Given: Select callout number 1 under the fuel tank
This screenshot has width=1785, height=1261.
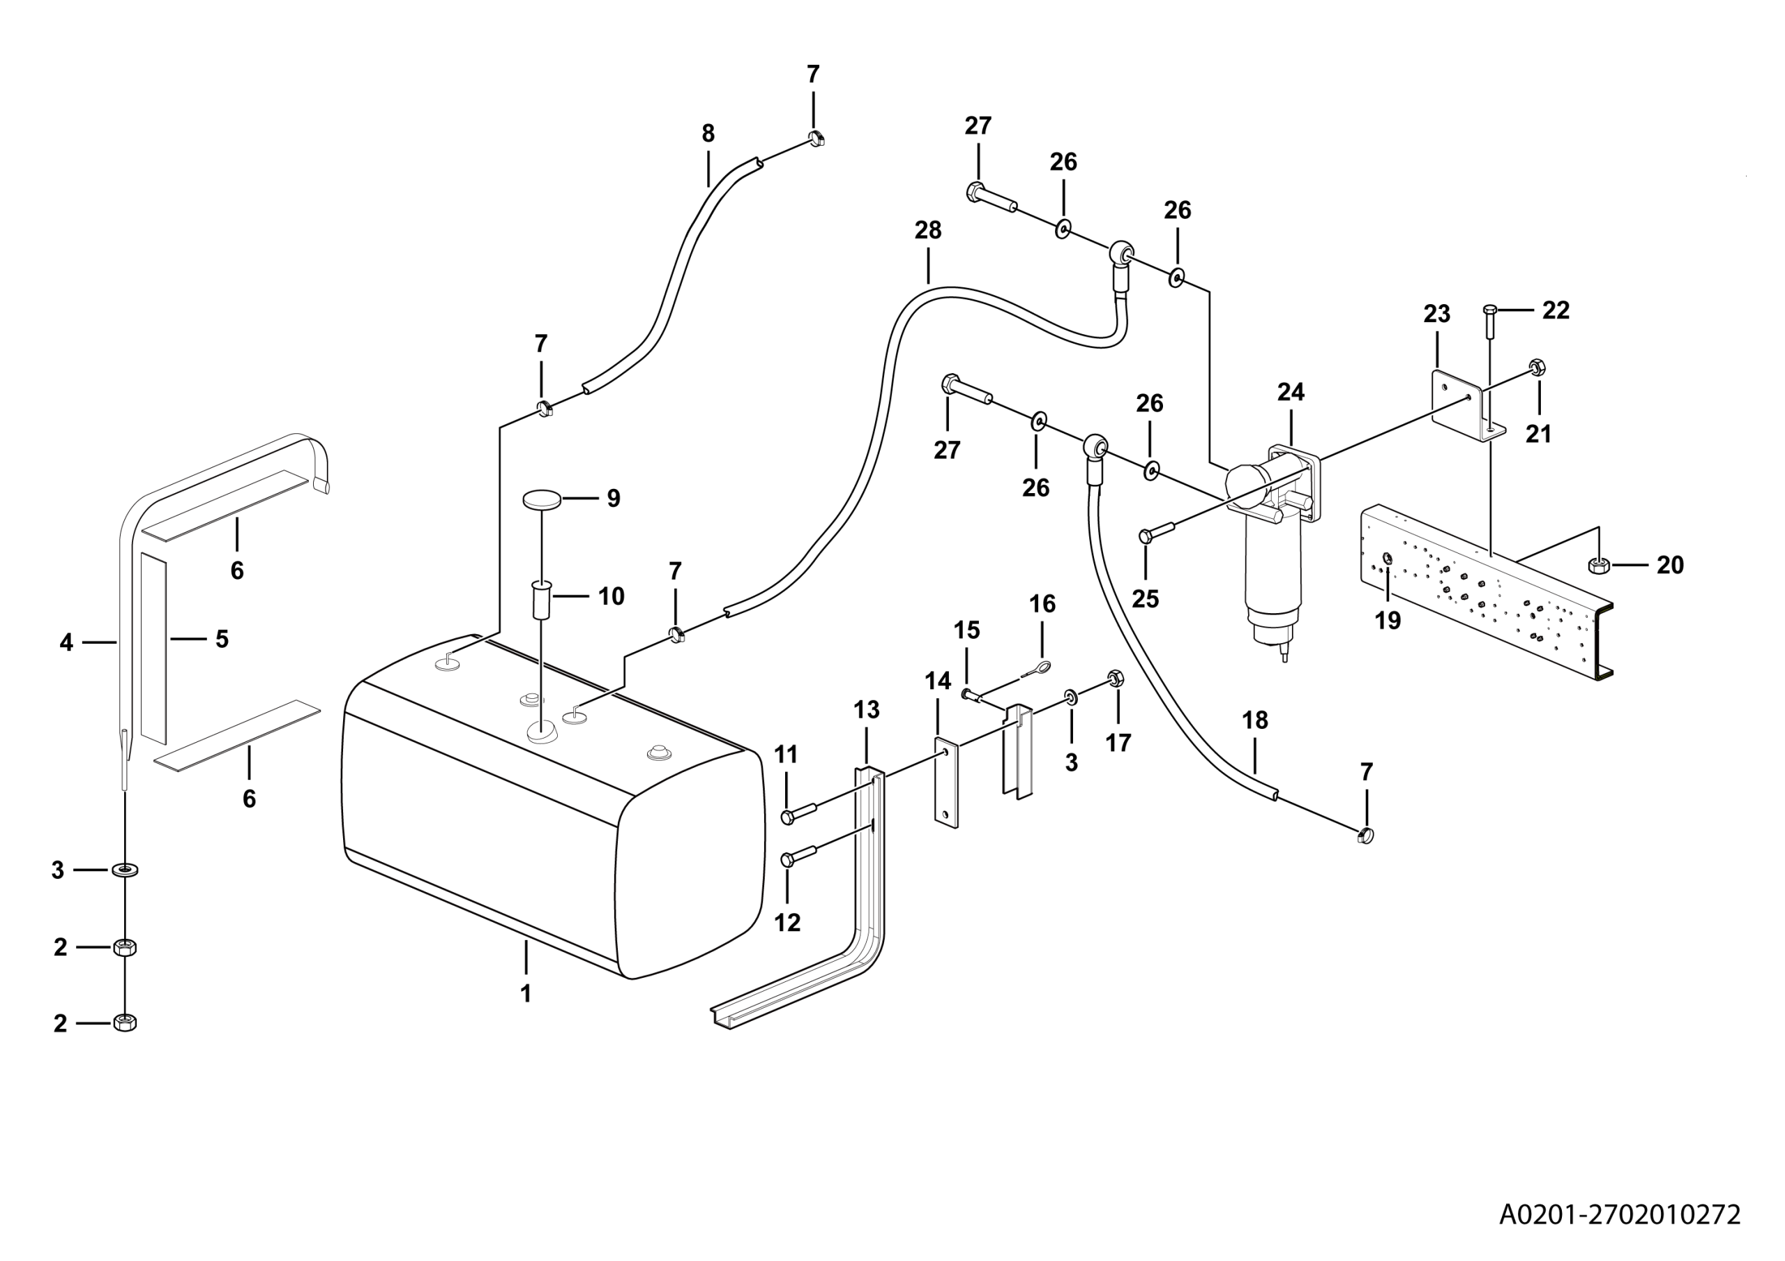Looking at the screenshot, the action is click(526, 994).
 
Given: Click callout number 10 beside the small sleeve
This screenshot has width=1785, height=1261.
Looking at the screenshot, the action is click(611, 596).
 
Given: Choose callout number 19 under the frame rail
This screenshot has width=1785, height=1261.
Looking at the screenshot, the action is click(1388, 621).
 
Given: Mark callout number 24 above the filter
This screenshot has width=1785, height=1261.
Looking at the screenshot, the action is click(1291, 392).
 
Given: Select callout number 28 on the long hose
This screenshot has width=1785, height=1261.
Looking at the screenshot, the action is click(927, 230).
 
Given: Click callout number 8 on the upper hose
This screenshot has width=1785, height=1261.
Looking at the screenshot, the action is click(708, 134).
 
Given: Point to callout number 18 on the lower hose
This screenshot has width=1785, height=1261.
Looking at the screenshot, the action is click(1255, 720).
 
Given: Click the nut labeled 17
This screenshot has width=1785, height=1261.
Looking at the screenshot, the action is click(1114, 679).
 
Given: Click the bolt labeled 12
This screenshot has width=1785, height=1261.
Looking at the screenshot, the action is click(798, 859).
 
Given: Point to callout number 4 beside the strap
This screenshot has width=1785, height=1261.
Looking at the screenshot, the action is click(66, 643).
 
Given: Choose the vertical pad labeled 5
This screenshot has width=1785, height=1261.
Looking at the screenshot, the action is click(153, 647).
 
